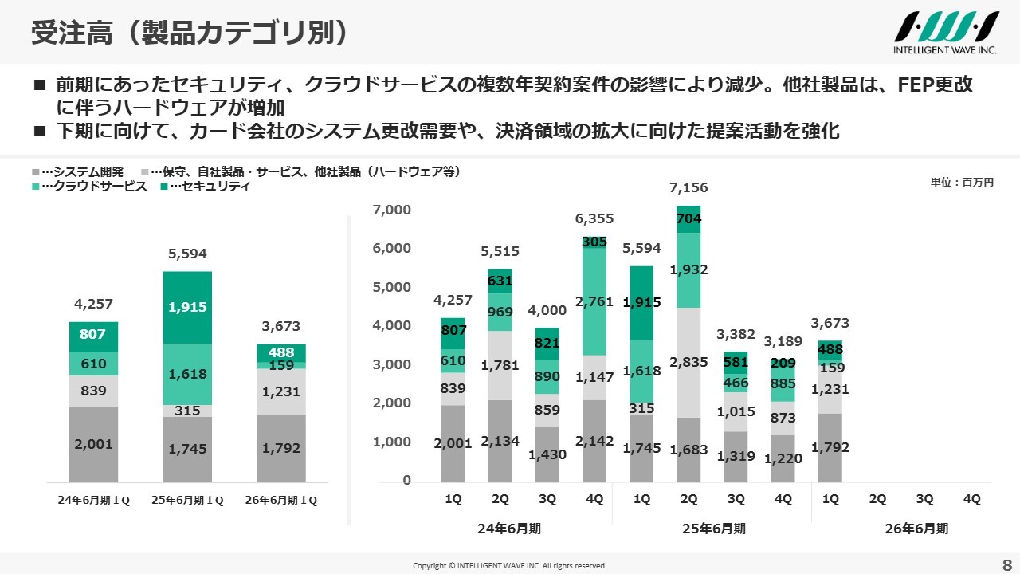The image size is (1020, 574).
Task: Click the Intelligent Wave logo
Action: [x=946, y=32]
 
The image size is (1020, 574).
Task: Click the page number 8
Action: [x=1006, y=563]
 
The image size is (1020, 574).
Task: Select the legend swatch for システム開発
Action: [x=36, y=172]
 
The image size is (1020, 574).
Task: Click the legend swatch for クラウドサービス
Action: [x=36, y=187]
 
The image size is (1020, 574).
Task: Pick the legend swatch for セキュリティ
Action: [x=164, y=187]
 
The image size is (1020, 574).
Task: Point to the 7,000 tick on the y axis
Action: [x=391, y=210]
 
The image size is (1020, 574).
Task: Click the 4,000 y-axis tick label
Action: [x=391, y=325]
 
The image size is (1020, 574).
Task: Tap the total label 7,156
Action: [x=688, y=188]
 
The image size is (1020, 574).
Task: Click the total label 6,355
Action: [x=594, y=219]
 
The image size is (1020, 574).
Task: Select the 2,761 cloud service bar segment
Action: [x=594, y=301]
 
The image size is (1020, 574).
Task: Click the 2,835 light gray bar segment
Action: [x=688, y=362]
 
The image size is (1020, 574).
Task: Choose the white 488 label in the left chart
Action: [x=280, y=352]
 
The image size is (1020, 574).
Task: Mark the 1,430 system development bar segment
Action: [x=547, y=454]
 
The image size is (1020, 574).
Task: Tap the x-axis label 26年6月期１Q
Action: [x=280, y=501]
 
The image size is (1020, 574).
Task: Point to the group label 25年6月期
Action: [x=713, y=528]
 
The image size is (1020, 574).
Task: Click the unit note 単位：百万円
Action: [x=962, y=183]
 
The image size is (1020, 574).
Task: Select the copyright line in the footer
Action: [x=509, y=565]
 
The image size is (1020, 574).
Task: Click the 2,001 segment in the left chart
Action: [x=93, y=445]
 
